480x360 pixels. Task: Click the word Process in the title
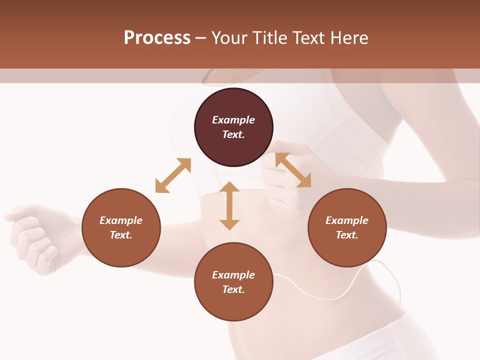[x=157, y=38]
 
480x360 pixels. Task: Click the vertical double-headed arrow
[x=229, y=205]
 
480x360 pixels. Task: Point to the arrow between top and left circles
[x=173, y=175]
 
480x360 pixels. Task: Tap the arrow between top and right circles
[x=293, y=170]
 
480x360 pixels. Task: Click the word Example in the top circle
[x=233, y=120]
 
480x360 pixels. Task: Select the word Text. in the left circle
[x=121, y=235]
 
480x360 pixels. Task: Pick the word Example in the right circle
[x=347, y=220]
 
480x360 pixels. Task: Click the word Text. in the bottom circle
[x=233, y=289]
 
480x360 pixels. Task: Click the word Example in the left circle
[x=121, y=220]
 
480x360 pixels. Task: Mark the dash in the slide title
[x=201, y=38]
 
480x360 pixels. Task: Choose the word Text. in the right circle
[x=347, y=235]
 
